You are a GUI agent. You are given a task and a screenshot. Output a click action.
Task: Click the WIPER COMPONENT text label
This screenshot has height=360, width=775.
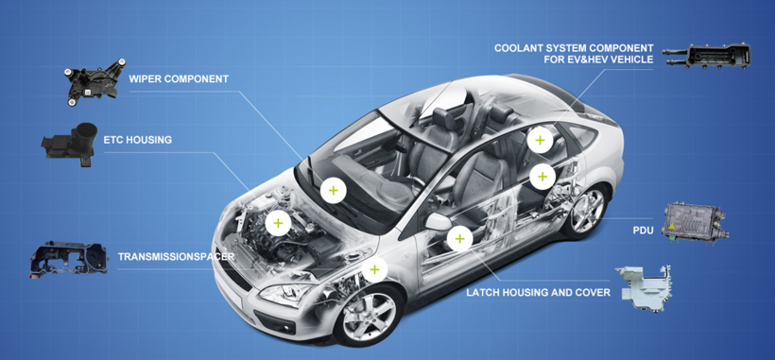[179, 79]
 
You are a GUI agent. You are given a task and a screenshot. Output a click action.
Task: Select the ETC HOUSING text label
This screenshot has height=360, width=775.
[137, 140]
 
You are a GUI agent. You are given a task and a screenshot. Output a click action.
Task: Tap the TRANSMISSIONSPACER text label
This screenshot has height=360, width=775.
[176, 257]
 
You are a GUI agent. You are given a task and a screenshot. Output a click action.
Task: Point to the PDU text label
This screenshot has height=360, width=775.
[642, 230]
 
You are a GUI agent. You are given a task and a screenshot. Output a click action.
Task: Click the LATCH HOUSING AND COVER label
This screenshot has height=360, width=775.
[539, 293]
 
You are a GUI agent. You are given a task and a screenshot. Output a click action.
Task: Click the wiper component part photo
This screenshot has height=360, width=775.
[94, 81]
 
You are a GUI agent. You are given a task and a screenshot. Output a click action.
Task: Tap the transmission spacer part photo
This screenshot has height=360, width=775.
[68, 260]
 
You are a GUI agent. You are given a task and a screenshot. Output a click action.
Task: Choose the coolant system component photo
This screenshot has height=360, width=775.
[707, 57]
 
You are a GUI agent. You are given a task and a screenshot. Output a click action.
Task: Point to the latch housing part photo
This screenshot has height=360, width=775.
[644, 289]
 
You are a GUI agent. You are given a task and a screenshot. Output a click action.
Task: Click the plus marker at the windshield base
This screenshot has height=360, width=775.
[333, 191]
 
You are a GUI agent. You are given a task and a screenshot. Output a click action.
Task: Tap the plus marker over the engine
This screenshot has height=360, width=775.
[278, 223]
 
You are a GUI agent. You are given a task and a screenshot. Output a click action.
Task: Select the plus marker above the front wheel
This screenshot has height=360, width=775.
[374, 269]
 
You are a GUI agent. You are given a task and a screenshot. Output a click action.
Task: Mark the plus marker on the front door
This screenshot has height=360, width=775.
[460, 239]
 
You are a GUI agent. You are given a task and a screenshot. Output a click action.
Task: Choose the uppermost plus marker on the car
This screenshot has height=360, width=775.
[540, 140]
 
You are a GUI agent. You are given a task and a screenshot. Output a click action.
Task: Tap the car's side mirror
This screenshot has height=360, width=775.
[438, 222]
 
